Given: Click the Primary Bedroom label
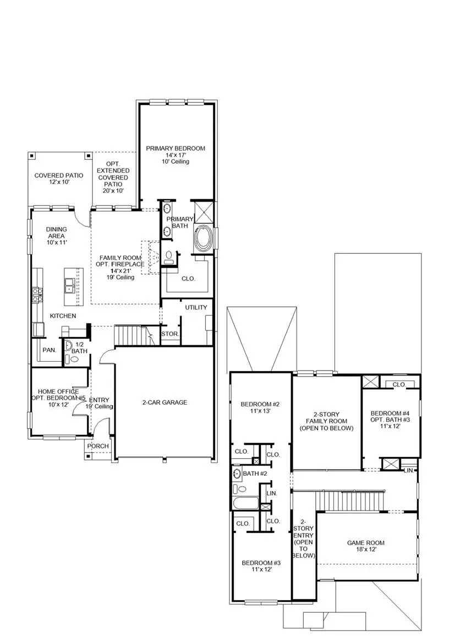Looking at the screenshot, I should [x=175, y=155].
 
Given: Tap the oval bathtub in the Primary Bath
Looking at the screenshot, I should [x=202, y=240].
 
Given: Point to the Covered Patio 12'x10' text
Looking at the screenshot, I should [x=59, y=179].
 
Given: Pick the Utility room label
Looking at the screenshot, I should [x=196, y=307].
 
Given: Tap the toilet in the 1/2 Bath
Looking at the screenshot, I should [x=75, y=359].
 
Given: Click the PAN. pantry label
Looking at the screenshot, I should [x=49, y=350].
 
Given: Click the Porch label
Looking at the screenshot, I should [x=99, y=446].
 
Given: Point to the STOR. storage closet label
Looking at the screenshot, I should [x=169, y=334].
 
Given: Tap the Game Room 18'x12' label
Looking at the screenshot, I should [x=365, y=546].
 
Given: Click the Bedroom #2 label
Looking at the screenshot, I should [x=257, y=407].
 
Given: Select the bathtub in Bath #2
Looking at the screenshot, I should [x=245, y=503].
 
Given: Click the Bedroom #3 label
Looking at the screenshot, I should [x=261, y=567].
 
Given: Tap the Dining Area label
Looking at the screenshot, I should [x=56, y=236].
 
